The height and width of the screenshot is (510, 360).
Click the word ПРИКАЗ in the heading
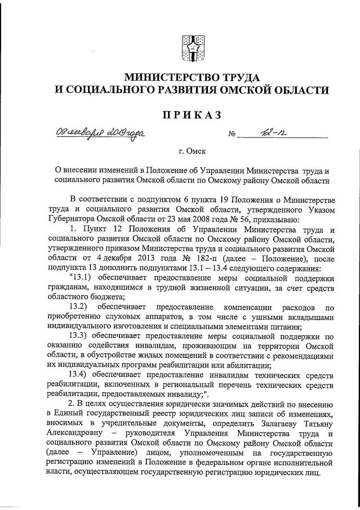191,114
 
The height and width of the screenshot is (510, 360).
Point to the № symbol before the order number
231,135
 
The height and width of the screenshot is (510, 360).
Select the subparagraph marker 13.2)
78,307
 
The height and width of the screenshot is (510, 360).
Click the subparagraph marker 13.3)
78,336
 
